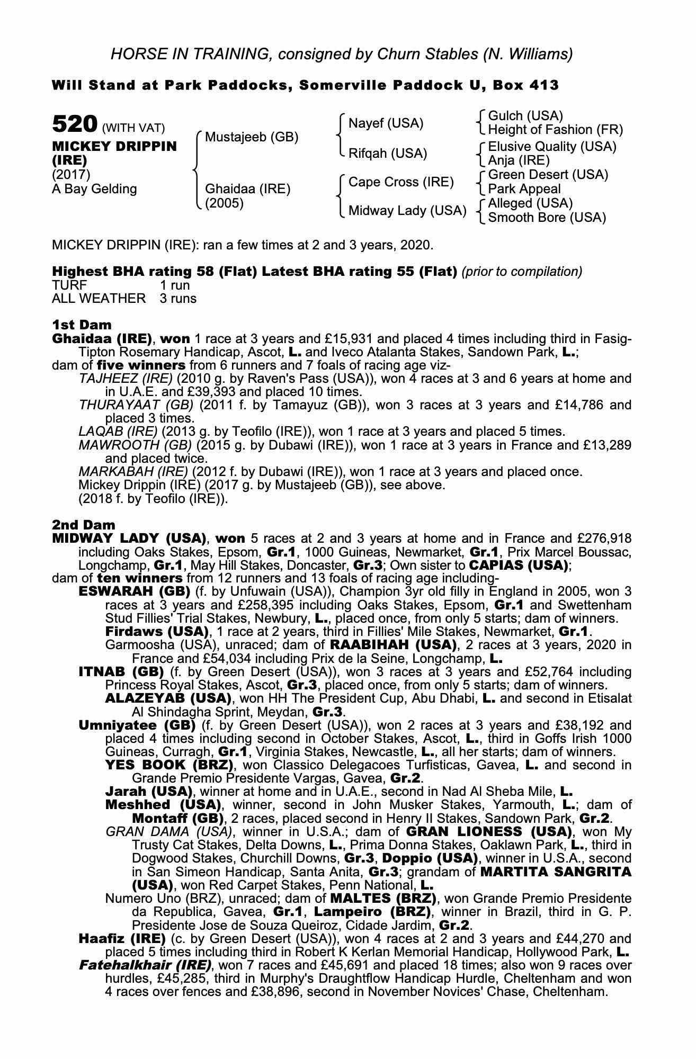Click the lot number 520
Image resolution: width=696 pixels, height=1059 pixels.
74,124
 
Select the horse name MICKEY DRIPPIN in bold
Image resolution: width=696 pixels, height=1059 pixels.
114,146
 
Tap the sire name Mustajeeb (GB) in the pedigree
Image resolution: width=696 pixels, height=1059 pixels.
251,137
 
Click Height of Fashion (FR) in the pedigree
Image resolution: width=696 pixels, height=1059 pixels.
555,130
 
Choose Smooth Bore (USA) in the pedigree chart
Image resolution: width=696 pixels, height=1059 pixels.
547,218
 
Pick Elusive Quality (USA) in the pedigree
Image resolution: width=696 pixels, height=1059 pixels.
552,147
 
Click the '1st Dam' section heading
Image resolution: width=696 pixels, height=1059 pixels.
82,324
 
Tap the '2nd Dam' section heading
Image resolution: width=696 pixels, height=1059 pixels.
83,525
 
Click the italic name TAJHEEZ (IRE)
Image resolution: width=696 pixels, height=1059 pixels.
126,379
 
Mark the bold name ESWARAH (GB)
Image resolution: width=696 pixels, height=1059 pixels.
135,591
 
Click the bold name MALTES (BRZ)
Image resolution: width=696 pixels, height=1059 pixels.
383,899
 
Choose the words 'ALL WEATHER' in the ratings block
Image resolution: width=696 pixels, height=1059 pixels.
99,299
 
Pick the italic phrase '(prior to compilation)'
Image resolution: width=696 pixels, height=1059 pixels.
522,272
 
